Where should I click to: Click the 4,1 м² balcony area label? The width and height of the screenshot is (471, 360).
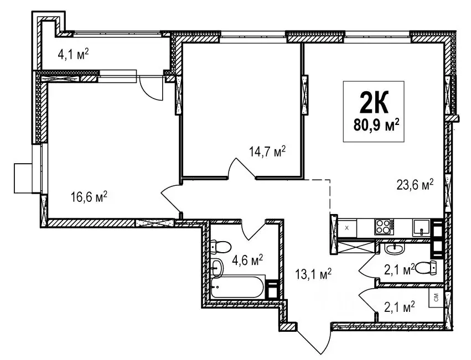click(73, 55)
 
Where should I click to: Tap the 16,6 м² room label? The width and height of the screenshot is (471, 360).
click(89, 197)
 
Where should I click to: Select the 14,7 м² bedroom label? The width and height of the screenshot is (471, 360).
click(267, 152)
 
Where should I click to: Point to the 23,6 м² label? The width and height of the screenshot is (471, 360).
click(415, 184)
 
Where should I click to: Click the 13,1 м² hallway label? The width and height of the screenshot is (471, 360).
click(313, 274)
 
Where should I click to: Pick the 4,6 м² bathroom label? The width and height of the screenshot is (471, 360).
click(247, 260)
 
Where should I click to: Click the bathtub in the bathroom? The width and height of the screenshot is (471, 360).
click(238, 286)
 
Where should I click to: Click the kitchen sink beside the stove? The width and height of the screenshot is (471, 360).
click(421, 228)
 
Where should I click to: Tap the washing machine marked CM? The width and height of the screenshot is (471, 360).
click(436, 298)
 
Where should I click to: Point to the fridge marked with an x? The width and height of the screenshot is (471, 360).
click(347, 228)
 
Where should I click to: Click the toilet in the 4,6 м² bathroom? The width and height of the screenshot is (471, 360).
click(221, 247)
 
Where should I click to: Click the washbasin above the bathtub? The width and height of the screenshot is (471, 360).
click(217, 267)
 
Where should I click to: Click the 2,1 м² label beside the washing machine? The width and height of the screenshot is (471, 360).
click(399, 306)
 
